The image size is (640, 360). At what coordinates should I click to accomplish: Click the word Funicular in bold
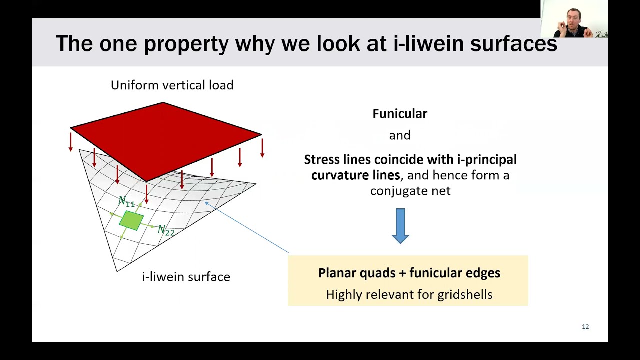[x=400, y=114]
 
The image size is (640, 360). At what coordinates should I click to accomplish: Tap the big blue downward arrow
[x=400, y=226]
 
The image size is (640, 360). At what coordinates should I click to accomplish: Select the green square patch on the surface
[x=131, y=220]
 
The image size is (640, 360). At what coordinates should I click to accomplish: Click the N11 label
[x=126, y=202]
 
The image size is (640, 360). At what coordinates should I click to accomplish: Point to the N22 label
[x=166, y=230]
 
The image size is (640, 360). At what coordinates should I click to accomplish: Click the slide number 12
[x=585, y=327]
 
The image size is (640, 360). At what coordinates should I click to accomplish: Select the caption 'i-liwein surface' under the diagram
[x=186, y=277]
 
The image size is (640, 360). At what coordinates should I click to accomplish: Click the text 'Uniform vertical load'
[x=172, y=85]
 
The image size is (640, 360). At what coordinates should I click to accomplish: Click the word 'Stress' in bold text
[x=322, y=160]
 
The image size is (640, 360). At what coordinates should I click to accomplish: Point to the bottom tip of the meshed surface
[x=117, y=271]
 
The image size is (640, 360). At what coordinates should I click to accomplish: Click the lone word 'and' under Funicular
[x=400, y=135]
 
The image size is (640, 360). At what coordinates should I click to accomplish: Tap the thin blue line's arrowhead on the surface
[x=206, y=203]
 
